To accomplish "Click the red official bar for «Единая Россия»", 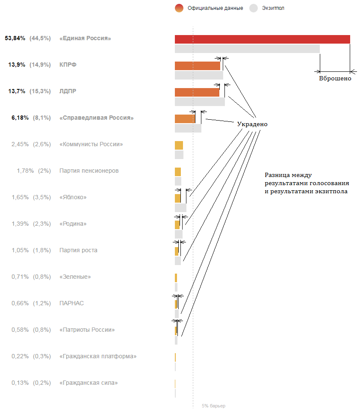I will [x=262, y=39].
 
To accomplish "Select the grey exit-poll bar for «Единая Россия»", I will [x=247, y=49].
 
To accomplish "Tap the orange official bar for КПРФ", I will [x=197, y=65].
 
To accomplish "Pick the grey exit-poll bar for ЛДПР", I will [x=199, y=102].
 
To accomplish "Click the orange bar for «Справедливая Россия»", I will [x=185, y=118].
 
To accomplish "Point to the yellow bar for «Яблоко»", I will [x=177, y=198].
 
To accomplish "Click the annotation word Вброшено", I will [x=335, y=78].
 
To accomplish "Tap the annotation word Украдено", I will [x=252, y=124].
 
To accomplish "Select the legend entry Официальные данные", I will [x=215, y=8].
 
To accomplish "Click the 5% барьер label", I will [x=213, y=406].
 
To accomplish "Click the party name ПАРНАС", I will [x=71, y=304].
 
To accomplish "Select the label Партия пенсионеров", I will [x=89, y=171].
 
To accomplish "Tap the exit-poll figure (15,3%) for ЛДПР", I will [x=40, y=91].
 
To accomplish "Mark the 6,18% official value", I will [x=20, y=118].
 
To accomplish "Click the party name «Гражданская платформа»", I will [x=98, y=357].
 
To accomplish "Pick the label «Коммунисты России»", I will [x=91, y=145].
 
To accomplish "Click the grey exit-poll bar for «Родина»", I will [x=178, y=234].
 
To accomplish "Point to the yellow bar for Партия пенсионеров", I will [x=177, y=171].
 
